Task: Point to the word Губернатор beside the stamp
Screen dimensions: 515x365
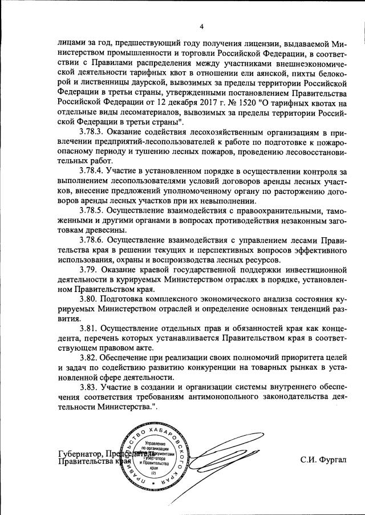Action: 80,455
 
